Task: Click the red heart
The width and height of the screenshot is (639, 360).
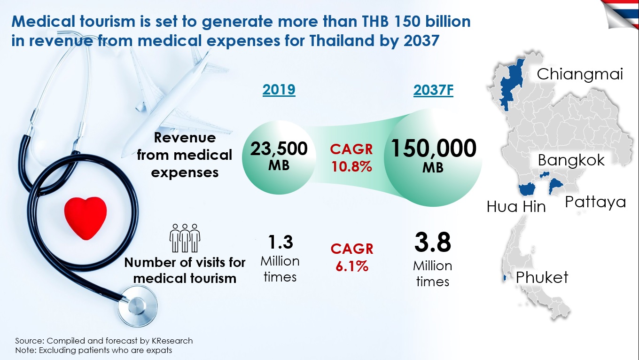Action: [x=85, y=217]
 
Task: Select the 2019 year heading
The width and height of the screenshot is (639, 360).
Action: [x=279, y=89]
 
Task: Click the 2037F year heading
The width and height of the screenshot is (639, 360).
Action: [x=433, y=90]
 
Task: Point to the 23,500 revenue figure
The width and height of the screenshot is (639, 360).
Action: [x=279, y=149]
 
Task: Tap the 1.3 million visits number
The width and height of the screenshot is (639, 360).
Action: [x=280, y=242]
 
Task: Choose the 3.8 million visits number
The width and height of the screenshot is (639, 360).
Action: [x=432, y=243]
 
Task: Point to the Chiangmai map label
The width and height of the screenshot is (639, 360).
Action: [x=580, y=74]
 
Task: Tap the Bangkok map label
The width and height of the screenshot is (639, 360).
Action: [x=571, y=160]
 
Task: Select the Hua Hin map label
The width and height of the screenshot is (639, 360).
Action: [x=516, y=206]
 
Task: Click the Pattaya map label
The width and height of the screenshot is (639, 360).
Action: [x=595, y=202]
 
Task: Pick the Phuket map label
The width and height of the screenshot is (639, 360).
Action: [x=542, y=277]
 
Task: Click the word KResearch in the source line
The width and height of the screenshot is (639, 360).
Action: [x=171, y=341]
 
